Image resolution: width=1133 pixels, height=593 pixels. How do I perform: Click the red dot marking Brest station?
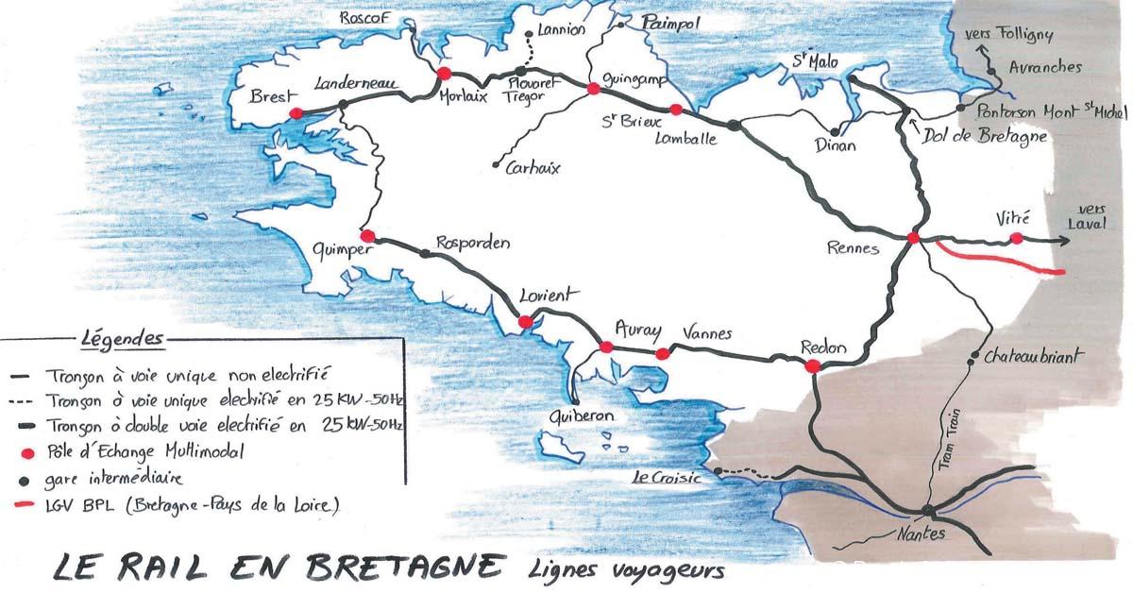(x=296, y=112)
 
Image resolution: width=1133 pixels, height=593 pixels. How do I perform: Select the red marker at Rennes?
(x=913, y=239)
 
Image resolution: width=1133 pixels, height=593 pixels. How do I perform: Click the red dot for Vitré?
(x=1016, y=239)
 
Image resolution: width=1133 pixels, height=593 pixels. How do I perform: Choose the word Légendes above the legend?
(x=123, y=339)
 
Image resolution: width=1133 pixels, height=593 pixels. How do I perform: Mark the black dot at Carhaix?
(x=497, y=165)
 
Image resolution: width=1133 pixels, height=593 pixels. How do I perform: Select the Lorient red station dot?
(x=525, y=323)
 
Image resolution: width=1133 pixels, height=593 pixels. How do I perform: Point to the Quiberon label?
(x=583, y=415)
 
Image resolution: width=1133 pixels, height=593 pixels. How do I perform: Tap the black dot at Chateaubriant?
(x=973, y=358)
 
